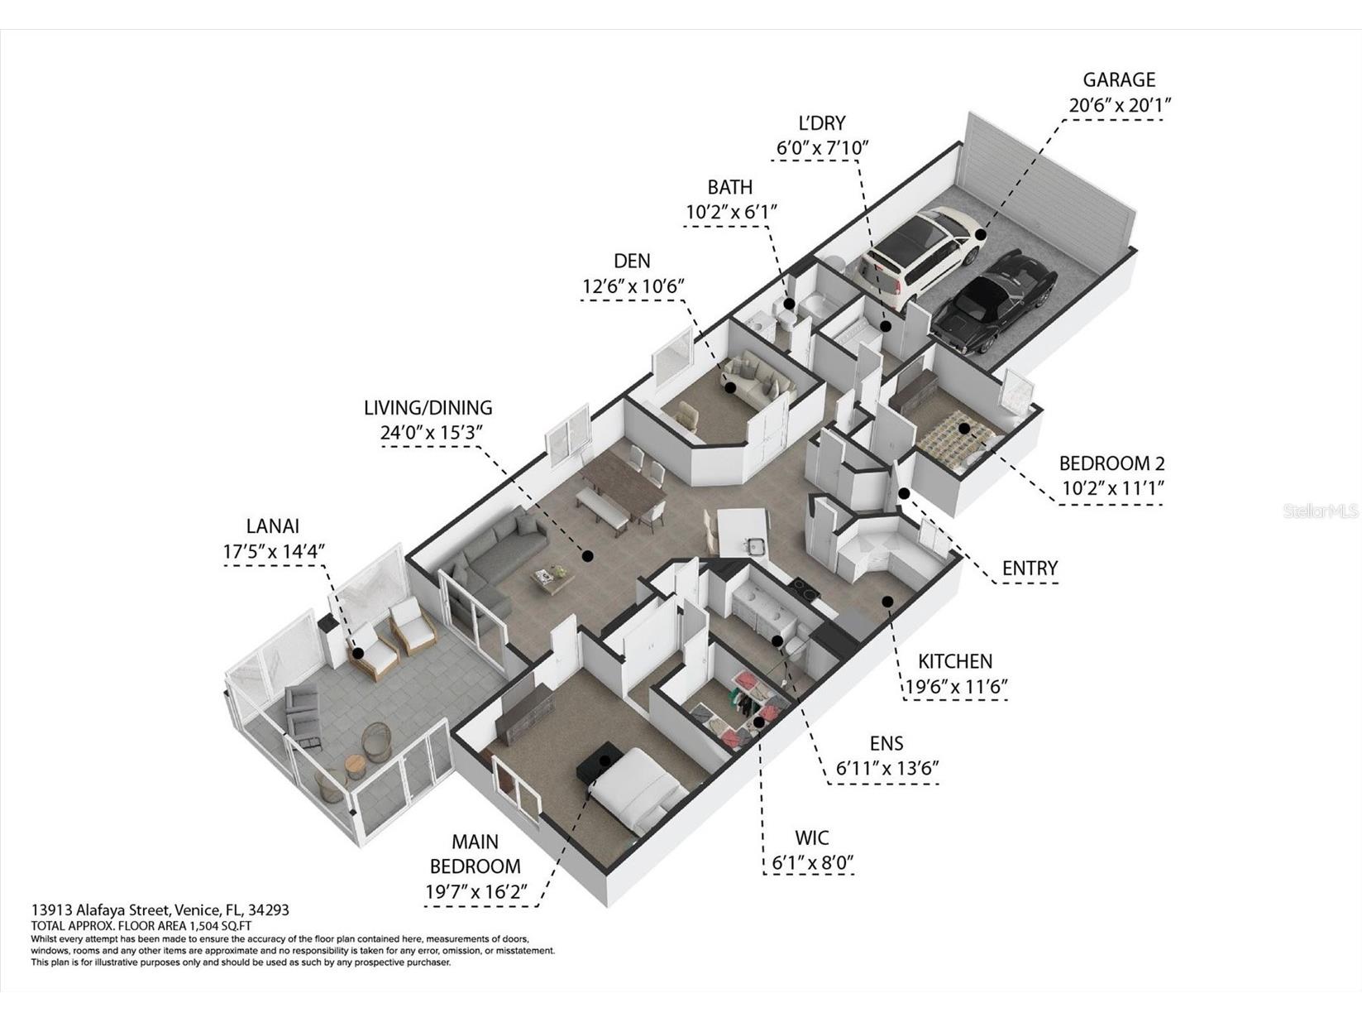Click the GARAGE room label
pos(1119,79)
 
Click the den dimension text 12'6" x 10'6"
pos(633,286)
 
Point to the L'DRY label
pos(821,123)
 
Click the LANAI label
pos(272,526)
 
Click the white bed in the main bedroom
pos(639,789)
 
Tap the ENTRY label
pos(1030,568)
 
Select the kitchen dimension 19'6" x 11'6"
pos(955,686)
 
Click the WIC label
pos(811,837)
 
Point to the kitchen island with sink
pos(742,534)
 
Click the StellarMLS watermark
pos(1321,511)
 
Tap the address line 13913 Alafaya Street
pos(100,910)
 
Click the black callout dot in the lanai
pos(358,653)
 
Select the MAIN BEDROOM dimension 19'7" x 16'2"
pos(476,891)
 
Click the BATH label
pos(729,186)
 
